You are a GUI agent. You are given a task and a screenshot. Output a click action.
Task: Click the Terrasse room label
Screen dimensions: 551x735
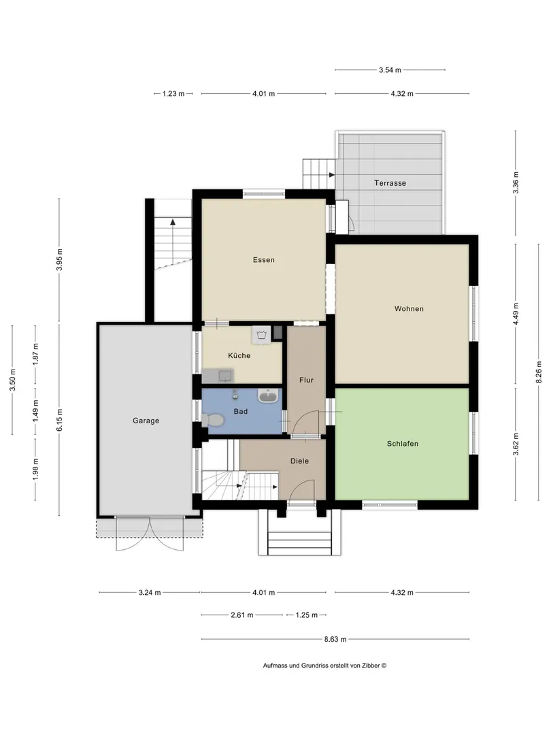click(390, 183)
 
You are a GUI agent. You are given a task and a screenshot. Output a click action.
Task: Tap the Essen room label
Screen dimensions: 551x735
click(264, 260)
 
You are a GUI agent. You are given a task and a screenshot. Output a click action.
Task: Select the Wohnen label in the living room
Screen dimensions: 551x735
click(409, 308)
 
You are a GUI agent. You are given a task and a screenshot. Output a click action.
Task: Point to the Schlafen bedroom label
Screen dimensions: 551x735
click(403, 444)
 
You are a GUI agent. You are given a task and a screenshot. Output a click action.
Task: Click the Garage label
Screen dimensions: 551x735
click(146, 421)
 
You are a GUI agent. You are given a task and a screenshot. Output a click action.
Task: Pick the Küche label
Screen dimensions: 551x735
click(239, 355)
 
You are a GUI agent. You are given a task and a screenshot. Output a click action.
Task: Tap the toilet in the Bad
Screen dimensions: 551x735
click(213, 419)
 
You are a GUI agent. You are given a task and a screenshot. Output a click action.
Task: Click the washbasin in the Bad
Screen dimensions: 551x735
click(268, 396)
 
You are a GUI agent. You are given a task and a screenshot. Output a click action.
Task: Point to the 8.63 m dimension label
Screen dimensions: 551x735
click(335, 639)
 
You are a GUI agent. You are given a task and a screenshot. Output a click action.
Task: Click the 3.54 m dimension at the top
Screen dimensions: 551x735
click(390, 70)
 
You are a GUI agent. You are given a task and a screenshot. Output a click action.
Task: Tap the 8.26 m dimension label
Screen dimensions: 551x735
click(538, 372)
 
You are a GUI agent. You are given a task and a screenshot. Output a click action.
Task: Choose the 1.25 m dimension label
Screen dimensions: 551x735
click(306, 615)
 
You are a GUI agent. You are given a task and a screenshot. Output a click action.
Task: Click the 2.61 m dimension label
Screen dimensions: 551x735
click(241, 615)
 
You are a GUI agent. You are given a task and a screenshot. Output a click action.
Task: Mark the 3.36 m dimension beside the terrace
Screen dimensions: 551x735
click(516, 183)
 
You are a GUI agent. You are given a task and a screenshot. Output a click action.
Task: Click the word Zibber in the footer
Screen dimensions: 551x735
click(371, 665)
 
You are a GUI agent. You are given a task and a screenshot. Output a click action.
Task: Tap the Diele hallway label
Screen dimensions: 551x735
click(299, 461)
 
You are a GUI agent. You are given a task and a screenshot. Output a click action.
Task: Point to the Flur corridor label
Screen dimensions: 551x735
click(306, 380)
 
